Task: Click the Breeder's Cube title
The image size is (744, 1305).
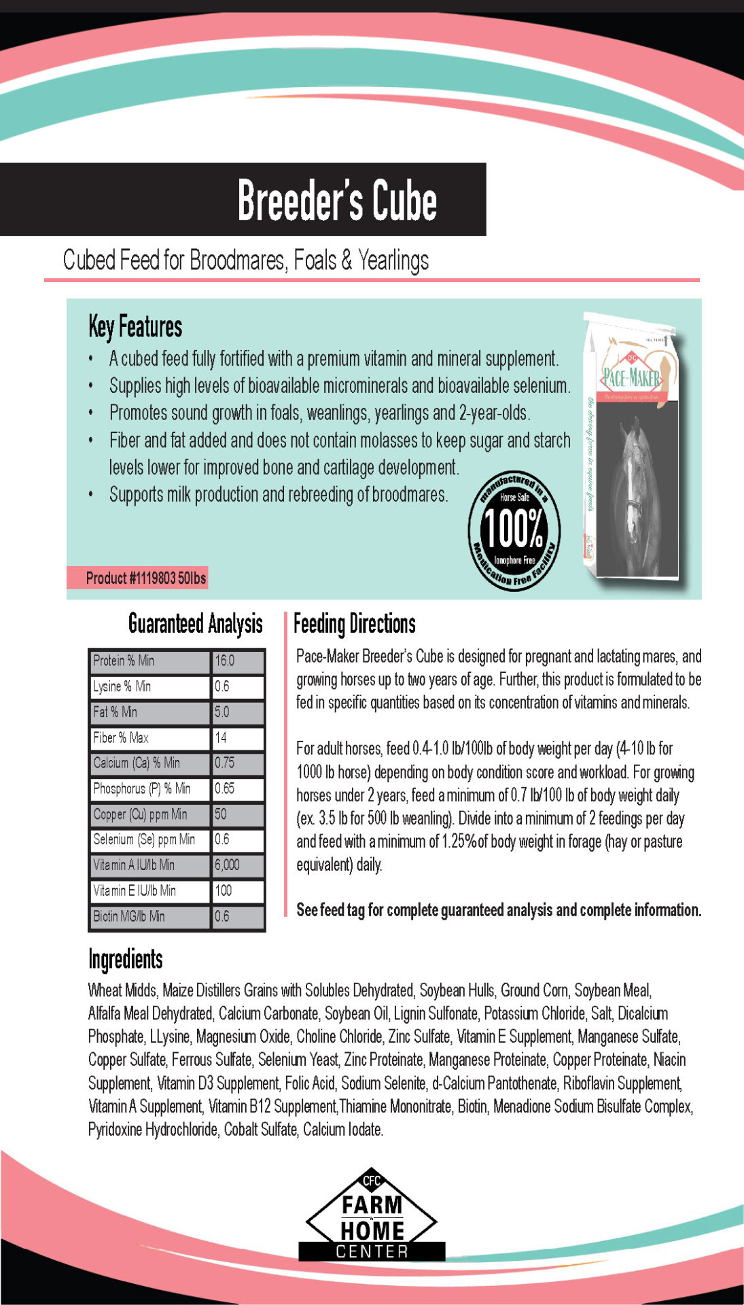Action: click(337, 200)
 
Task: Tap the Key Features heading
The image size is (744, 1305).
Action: click(135, 327)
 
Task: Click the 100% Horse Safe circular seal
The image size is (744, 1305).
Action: click(514, 530)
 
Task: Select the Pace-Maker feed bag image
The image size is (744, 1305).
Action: click(632, 449)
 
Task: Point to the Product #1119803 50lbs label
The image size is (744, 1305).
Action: click(145, 578)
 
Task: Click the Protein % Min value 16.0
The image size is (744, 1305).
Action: click(225, 661)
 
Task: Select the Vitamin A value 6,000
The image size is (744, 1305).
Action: click(227, 865)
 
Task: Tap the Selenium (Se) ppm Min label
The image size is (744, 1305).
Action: click(144, 839)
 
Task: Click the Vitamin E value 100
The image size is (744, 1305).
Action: click(224, 890)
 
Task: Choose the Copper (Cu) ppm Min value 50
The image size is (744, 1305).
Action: click(221, 814)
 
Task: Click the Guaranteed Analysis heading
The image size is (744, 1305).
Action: click(195, 623)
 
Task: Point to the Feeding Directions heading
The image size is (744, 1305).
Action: click(354, 623)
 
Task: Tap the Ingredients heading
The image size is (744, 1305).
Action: click(126, 959)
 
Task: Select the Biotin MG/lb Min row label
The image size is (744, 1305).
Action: click(129, 916)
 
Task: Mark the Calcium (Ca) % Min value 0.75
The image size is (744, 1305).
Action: click(225, 763)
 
